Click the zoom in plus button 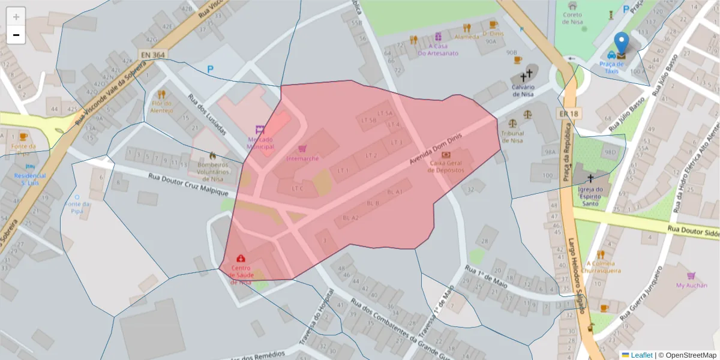point(16,17)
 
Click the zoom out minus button point(16,35)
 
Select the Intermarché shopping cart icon point(302,148)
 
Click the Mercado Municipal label point(260,143)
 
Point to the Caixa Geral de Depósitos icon point(446,154)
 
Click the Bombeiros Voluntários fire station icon point(212,155)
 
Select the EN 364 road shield point(153,55)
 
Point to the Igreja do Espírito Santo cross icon point(590,178)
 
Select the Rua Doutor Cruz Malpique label point(188,184)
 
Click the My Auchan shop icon point(691,276)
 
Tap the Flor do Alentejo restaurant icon point(161,94)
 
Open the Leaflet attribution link point(641,355)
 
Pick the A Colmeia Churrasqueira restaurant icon point(601,254)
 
